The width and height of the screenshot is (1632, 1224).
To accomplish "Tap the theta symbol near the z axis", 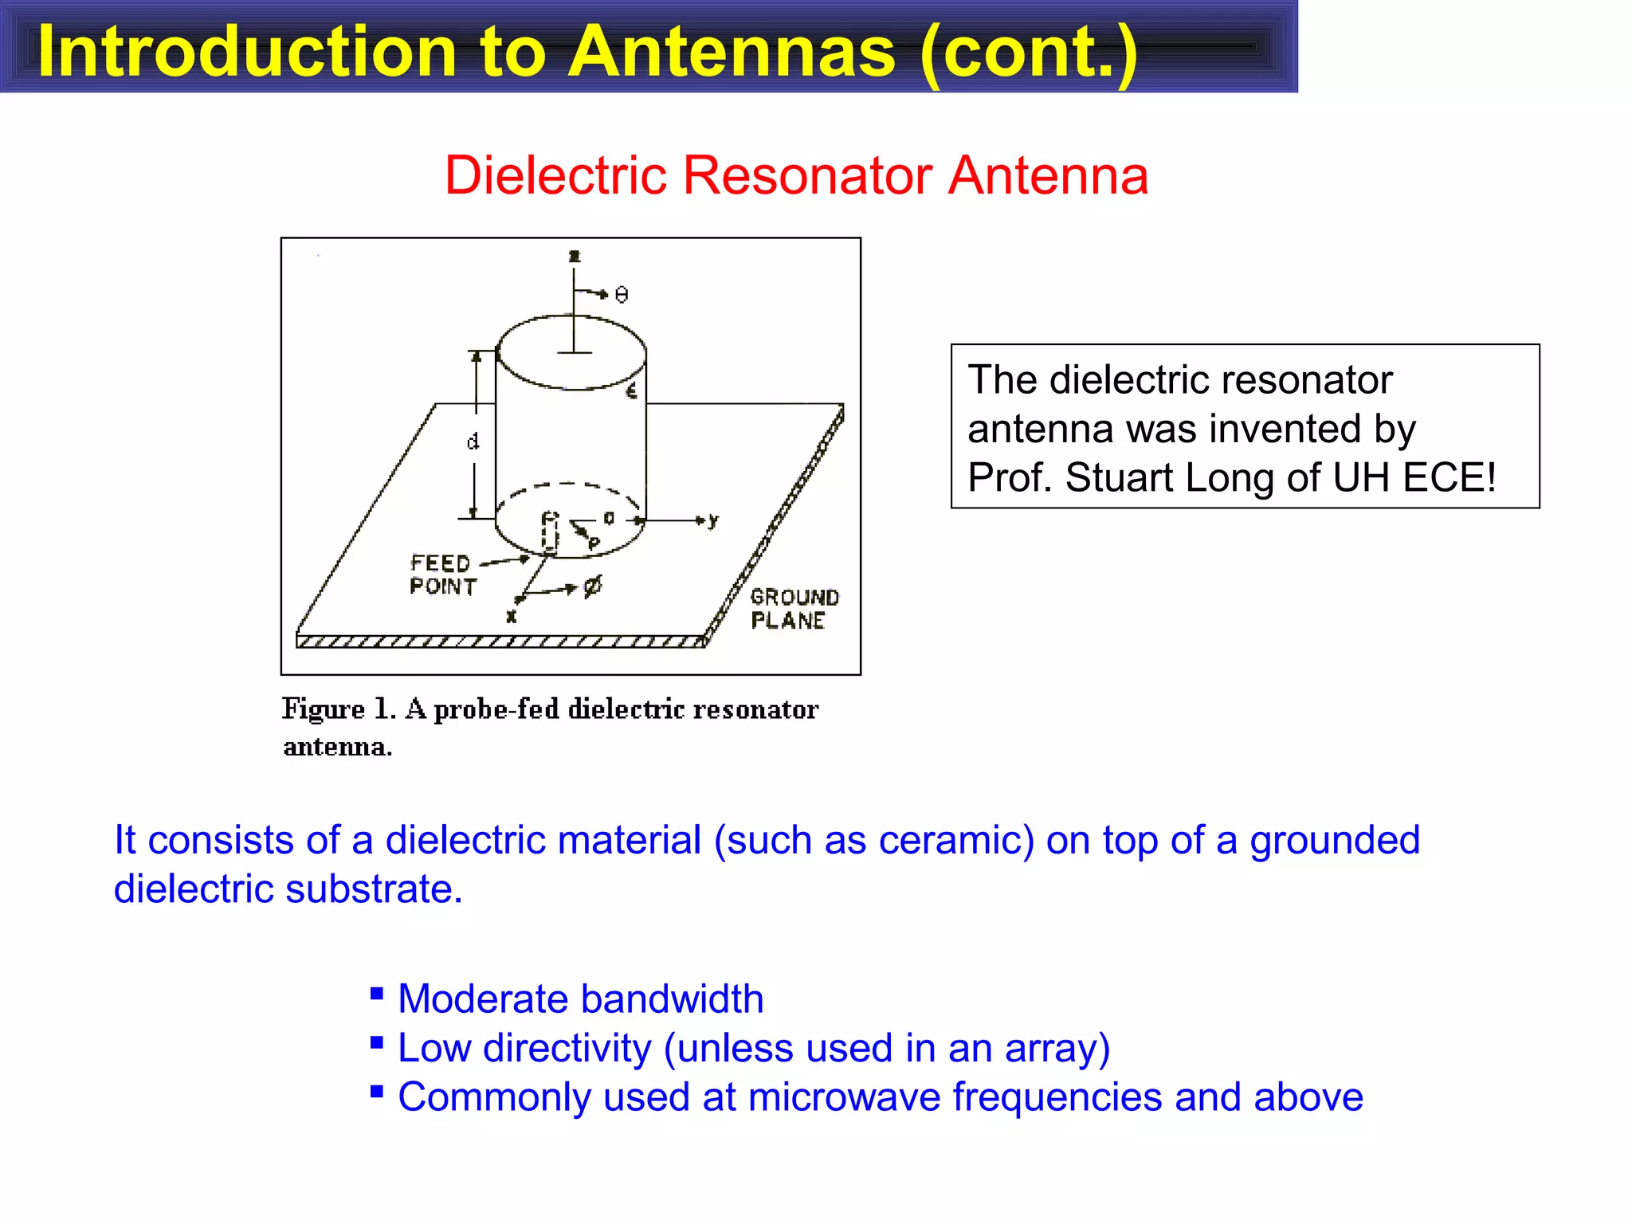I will [x=622, y=295].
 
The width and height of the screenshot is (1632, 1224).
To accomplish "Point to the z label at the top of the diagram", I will [x=575, y=256].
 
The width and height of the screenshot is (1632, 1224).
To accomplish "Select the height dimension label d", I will [x=473, y=441].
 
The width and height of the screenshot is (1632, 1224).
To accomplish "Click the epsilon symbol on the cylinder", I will [x=632, y=390].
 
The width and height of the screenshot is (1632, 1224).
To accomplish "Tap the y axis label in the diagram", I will [x=713, y=520].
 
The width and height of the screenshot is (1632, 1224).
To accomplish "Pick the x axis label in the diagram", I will [x=512, y=616].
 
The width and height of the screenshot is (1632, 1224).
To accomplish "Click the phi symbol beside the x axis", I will [x=593, y=587].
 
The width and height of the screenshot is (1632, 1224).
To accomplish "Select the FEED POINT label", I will [x=443, y=575].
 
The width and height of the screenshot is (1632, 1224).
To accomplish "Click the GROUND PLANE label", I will [x=794, y=609].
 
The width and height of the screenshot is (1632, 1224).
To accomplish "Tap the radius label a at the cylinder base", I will [x=609, y=519].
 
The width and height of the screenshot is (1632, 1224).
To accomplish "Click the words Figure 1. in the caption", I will [x=339, y=709].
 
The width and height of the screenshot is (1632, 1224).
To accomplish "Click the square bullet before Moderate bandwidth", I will [x=377, y=993].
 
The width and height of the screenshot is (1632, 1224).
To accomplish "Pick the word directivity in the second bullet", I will [x=567, y=1048].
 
